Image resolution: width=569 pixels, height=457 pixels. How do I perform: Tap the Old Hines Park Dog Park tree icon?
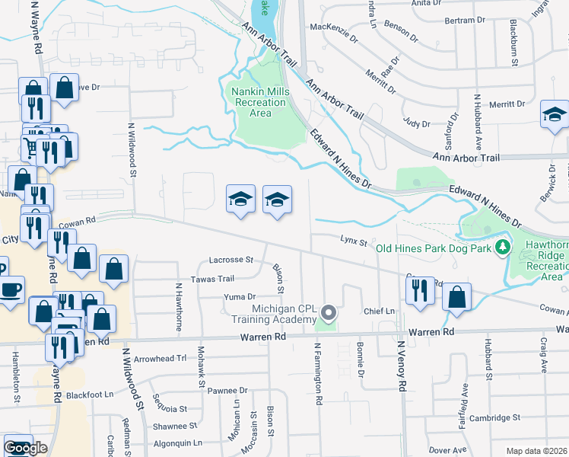pos(502,248)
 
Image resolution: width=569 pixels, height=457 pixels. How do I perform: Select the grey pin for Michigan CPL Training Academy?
pos(329,312)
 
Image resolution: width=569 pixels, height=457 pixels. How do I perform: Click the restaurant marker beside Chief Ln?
pos(419,290)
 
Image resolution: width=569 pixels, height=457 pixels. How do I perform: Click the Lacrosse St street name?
pos(231,260)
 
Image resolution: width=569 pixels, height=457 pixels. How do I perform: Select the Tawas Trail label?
pos(212,279)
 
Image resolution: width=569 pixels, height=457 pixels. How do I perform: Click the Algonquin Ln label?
pos(176,442)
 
